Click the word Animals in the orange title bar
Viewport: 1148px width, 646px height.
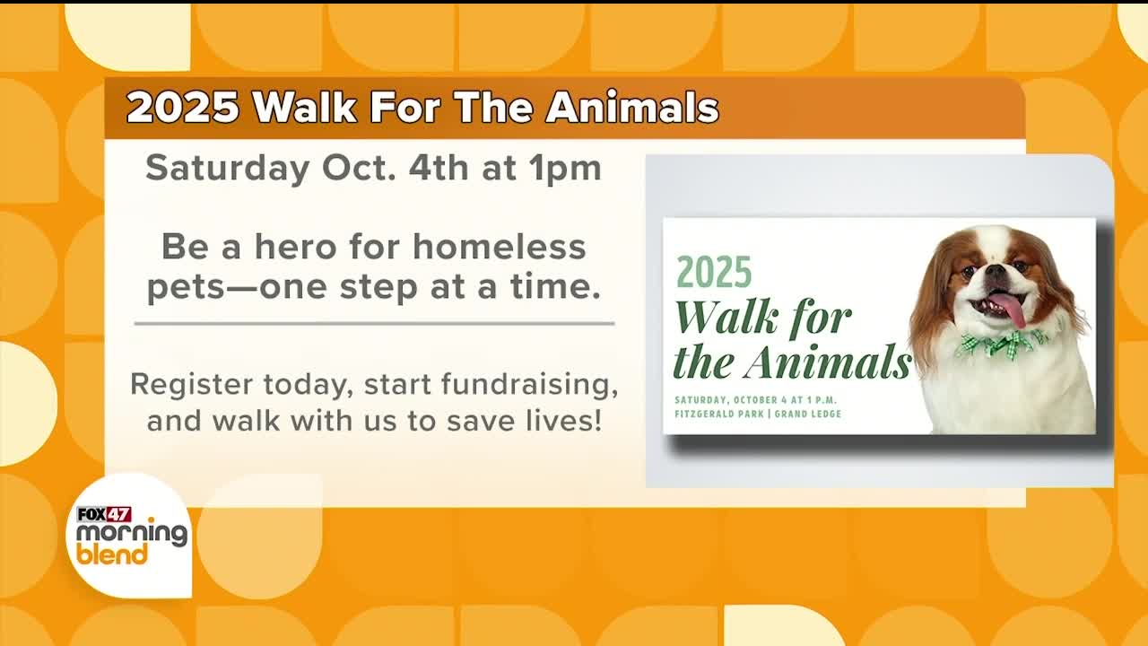[x=632, y=109]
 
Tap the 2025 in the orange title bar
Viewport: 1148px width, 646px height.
[x=183, y=109]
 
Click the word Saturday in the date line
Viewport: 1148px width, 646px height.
[x=228, y=170]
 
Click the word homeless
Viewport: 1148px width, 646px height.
[x=500, y=247]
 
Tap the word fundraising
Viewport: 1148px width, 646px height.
[x=529, y=385]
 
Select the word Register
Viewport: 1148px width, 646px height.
[x=191, y=385]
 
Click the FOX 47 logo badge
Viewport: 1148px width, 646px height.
[x=104, y=514]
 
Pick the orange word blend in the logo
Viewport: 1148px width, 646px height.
[x=112, y=555]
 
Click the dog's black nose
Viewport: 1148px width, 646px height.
[x=996, y=271]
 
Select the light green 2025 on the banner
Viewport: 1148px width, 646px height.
[x=714, y=272]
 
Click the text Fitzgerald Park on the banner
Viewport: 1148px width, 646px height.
[x=719, y=414]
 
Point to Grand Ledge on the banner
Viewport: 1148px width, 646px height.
[x=808, y=414]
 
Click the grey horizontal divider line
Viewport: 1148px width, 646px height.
[x=375, y=324]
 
